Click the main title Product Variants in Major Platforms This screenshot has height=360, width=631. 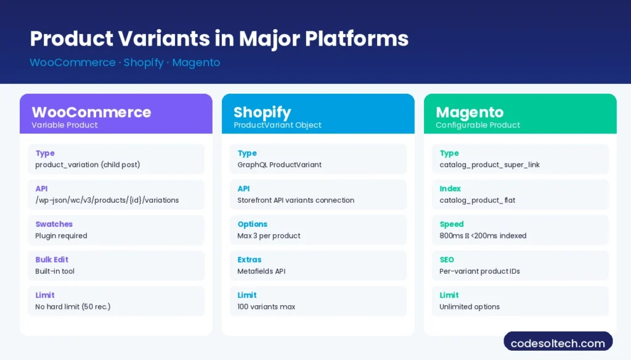pos(219,39)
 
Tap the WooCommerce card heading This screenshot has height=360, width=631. pos(91,112)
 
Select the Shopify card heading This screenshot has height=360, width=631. pos(262,112)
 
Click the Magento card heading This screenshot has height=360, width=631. pos(470,112)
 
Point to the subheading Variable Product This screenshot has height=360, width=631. pos(65,125)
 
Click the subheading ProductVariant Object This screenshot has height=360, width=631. pos(277,125)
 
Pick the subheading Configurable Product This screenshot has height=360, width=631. pos(478,125)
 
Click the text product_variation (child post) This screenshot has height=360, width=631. pos(88,165)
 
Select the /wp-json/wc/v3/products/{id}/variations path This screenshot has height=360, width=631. pos(107,200)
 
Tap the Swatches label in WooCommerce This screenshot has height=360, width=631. pos(54,224)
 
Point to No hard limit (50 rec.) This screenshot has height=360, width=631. pos(73,306)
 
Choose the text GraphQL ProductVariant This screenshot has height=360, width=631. pos(279,165)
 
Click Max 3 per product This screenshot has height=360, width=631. pos(269,235)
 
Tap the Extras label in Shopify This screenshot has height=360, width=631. pos(250,260)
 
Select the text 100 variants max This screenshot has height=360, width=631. pos(266,306)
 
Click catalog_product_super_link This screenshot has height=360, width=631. pos(489,165)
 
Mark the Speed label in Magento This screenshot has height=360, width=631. pos(452,224)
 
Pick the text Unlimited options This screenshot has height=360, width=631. pos(470,306)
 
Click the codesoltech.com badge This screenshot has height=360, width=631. pos(558,343)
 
